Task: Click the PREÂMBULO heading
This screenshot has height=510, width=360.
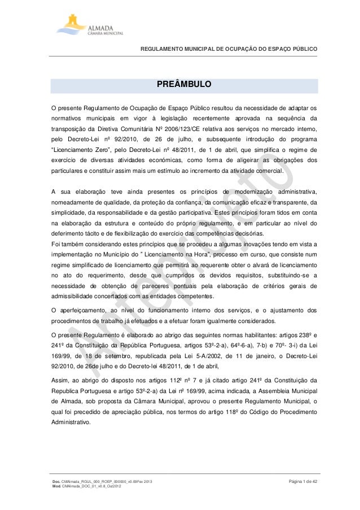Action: [x=184, y=85]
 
